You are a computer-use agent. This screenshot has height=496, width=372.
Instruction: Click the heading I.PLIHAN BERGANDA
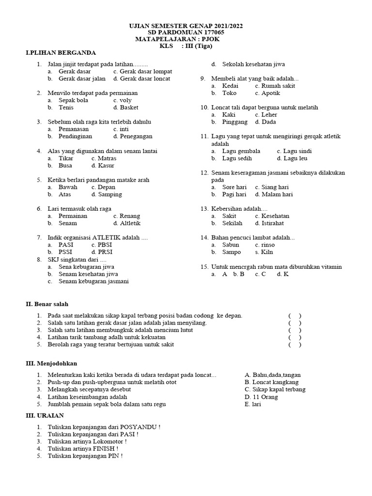pyautogui.click(x=61, y=52)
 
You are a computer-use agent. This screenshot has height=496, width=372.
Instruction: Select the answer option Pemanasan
pyautogui.click(x=74, y=129)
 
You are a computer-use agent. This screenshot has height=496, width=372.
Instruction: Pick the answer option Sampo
pyautogui.click(x=232, y=252)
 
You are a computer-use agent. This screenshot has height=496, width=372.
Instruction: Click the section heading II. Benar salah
pyautogui.click(x=47, y=304)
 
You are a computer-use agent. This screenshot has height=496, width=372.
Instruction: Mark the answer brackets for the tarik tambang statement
pyautogui.click(x=295, y=337)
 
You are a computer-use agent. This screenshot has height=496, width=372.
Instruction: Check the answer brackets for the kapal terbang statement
pyautogui.click(x=295, y=315)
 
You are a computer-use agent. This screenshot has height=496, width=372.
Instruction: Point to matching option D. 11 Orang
pyautogui.click(x=262, y=397)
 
